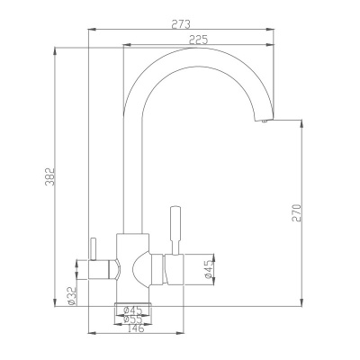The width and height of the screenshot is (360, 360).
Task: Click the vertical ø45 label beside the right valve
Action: [209, 270]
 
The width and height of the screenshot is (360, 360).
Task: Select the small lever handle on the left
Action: [90, 249]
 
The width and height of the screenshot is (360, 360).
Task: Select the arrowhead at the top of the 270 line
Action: [301, 123]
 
